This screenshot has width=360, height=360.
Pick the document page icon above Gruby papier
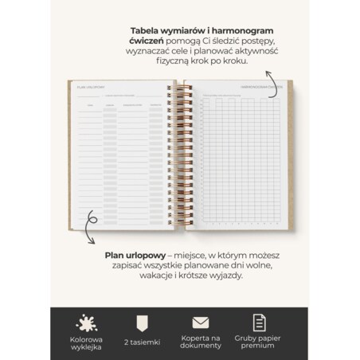[x=259, y=322]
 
